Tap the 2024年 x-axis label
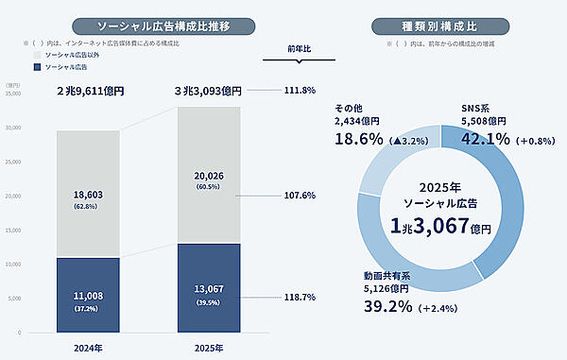point(89,347)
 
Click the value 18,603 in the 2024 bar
point(89,192)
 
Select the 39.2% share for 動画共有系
point(390,306)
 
